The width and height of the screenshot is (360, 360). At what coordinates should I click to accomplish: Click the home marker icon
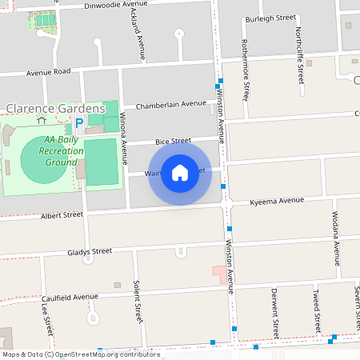click(179, 173)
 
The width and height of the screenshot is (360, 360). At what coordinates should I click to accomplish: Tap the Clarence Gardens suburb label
click(55, 108)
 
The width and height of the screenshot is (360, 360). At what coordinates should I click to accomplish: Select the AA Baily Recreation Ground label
click(55, 151)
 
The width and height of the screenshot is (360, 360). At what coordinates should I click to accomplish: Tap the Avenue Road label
click(49, 71)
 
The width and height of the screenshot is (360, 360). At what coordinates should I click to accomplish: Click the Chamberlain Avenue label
click(170, 104)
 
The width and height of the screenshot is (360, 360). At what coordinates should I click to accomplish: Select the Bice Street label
click(174, 140)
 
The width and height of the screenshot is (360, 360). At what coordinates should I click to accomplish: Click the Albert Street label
click(62, 215)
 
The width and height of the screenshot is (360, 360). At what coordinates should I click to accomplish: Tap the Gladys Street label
click(90, 251)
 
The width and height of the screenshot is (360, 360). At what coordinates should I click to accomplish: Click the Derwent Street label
click(274, 310)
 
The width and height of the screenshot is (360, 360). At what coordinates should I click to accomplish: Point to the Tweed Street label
click(318, 310)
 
